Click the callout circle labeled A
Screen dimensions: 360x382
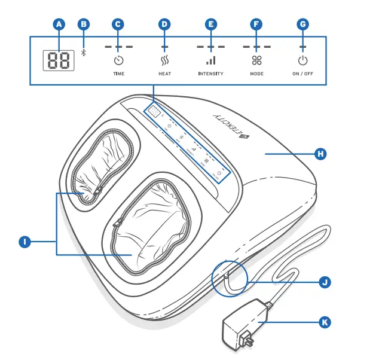pyautogui.click(x=58, y=25)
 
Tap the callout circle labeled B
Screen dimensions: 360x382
pyautogui.click(x=84, y=25)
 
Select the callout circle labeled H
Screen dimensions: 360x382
pyautogui.click(x=320, y=154)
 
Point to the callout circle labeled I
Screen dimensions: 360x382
pyautogui.click(x=25, y=242)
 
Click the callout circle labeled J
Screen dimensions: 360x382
pyautogui.click(x=325, y=281)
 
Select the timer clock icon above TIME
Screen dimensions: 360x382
pyautogui.click(x=118, y=60)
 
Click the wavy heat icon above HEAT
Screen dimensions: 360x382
pyautogui.click(x=164, y=60)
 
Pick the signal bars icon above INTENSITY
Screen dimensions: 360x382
pyautogui.click(x=210, y=60)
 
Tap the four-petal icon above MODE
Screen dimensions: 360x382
pyautogui.click(x=256, y=60)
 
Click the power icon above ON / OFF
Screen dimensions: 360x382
pyautogui.click(x=303, y=60)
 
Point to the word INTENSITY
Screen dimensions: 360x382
pyautogui.click(x=210, y=74)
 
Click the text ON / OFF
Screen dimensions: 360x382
pyautogui.click(x=303, y=74)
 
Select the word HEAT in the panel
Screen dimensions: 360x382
pyautogui.click(x=164, y=74)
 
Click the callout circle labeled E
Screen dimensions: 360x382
pyautogui.click(x=210, y=25)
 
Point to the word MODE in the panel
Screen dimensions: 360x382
pyautogui.click(x=256, y=74)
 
